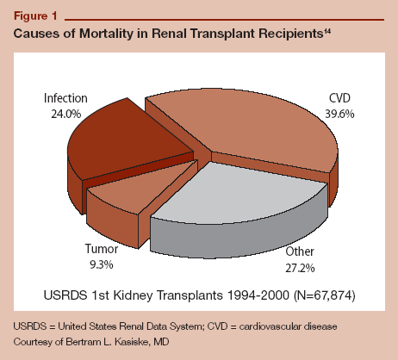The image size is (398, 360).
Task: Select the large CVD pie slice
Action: click(250, 125)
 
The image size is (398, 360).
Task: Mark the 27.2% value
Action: click(299, 266)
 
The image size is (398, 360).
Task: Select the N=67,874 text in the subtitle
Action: click(308, 296)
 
